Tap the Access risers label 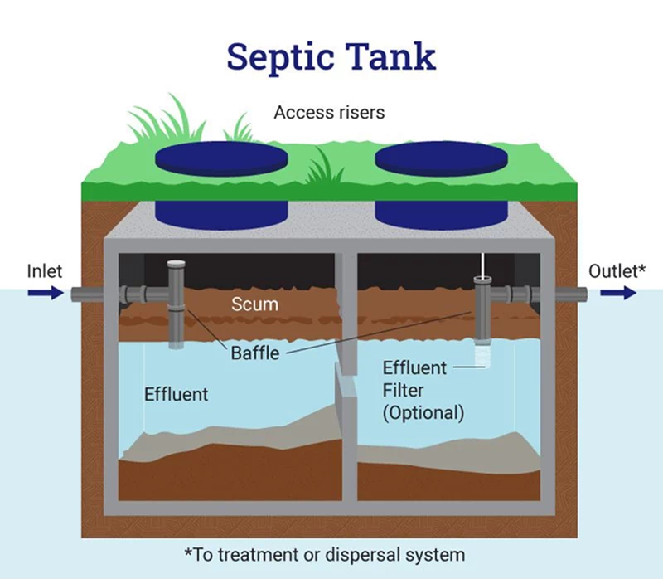pyautogui.click(x=329, y=112)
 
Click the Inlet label pyautogui.click(x=44, y=271)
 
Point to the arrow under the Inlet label pyautogui.click(x=44, y=293)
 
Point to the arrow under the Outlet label pyautogui.click(x=618, y=293)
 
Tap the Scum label pyautogui.click(x=254, y=304)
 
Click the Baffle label pyautogui.click(x=254, y=353)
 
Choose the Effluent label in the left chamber pyautogui.click(x=176, y=394)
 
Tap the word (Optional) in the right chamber pyautogui.click(x=423, y=411)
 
